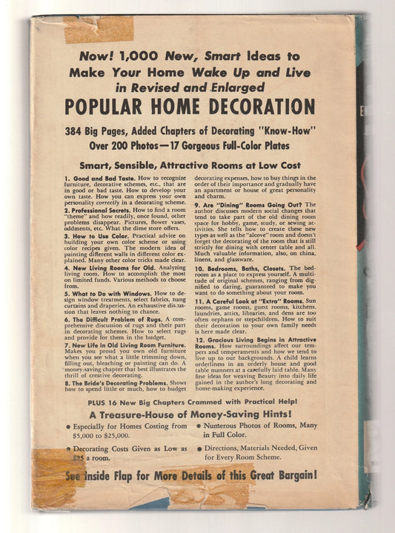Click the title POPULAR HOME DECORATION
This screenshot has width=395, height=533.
click(x=189, y=106)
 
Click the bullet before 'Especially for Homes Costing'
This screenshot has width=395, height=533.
click(x=68, y=426)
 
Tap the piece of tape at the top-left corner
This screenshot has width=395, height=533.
click(x=98, y=30)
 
